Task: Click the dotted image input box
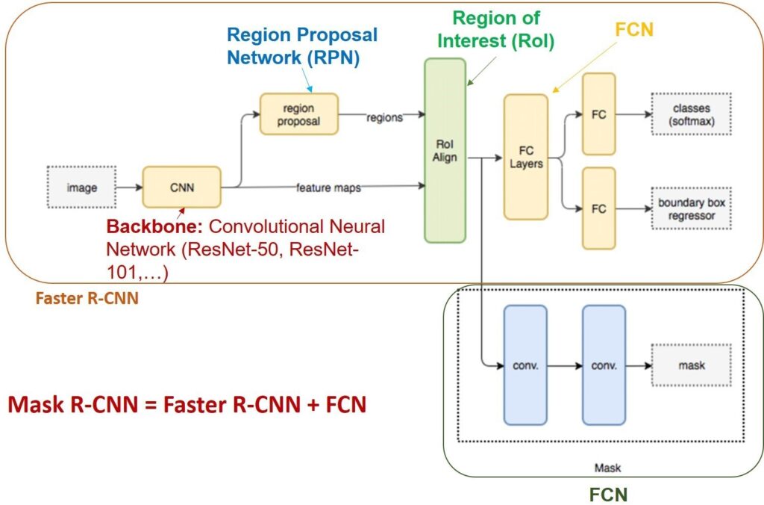tap(81, 188)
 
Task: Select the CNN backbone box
tap(182, 188)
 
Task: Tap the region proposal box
tap(298, 114)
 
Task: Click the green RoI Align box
tap(445, 150)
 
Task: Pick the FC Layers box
tap(526, 157)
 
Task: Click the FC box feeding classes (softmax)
tap(599, 114)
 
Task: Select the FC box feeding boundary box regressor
tap(599, 209)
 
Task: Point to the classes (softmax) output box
tap(692, 114)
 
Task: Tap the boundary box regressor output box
tap(692, 209)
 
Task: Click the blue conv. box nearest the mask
tap(604, 365)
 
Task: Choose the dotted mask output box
tap(692, 365)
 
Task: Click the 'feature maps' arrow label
tap(328, 188)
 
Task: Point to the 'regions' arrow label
tap(384, 117)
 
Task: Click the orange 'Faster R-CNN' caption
tap(87, 298)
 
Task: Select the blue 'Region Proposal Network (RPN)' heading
tap(302, 46)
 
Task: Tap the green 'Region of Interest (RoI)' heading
tap(496, 29)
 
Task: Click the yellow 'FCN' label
tap(634, 30)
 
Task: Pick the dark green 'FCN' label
tap(608, 495)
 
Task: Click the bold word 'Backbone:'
tap(154, 227)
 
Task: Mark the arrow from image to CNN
tap(129, 188)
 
